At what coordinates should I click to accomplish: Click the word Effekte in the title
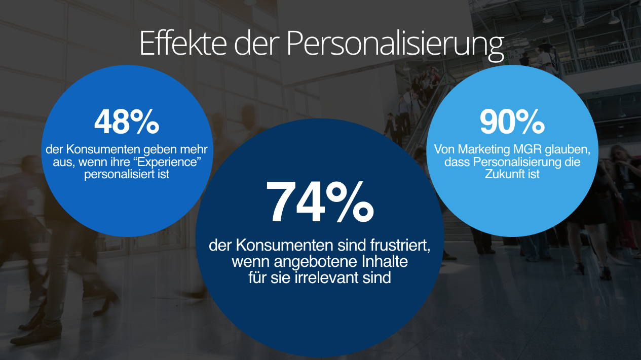(183, 43)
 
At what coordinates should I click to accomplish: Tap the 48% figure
(127, 122)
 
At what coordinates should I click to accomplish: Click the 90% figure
(512, 122)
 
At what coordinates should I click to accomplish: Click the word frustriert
(389, 246)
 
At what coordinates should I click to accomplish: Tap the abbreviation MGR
(527, 150)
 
